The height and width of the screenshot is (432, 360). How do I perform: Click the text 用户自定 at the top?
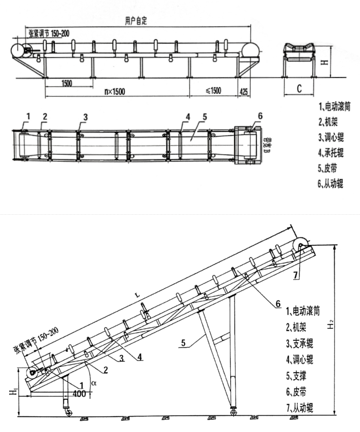coord(136,21)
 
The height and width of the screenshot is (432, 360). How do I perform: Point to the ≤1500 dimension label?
coord(213,91)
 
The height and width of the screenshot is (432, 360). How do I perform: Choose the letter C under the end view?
coord(300,89)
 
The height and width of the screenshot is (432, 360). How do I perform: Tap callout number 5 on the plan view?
coord(203,117)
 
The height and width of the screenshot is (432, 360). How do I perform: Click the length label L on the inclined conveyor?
coord(137,295)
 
